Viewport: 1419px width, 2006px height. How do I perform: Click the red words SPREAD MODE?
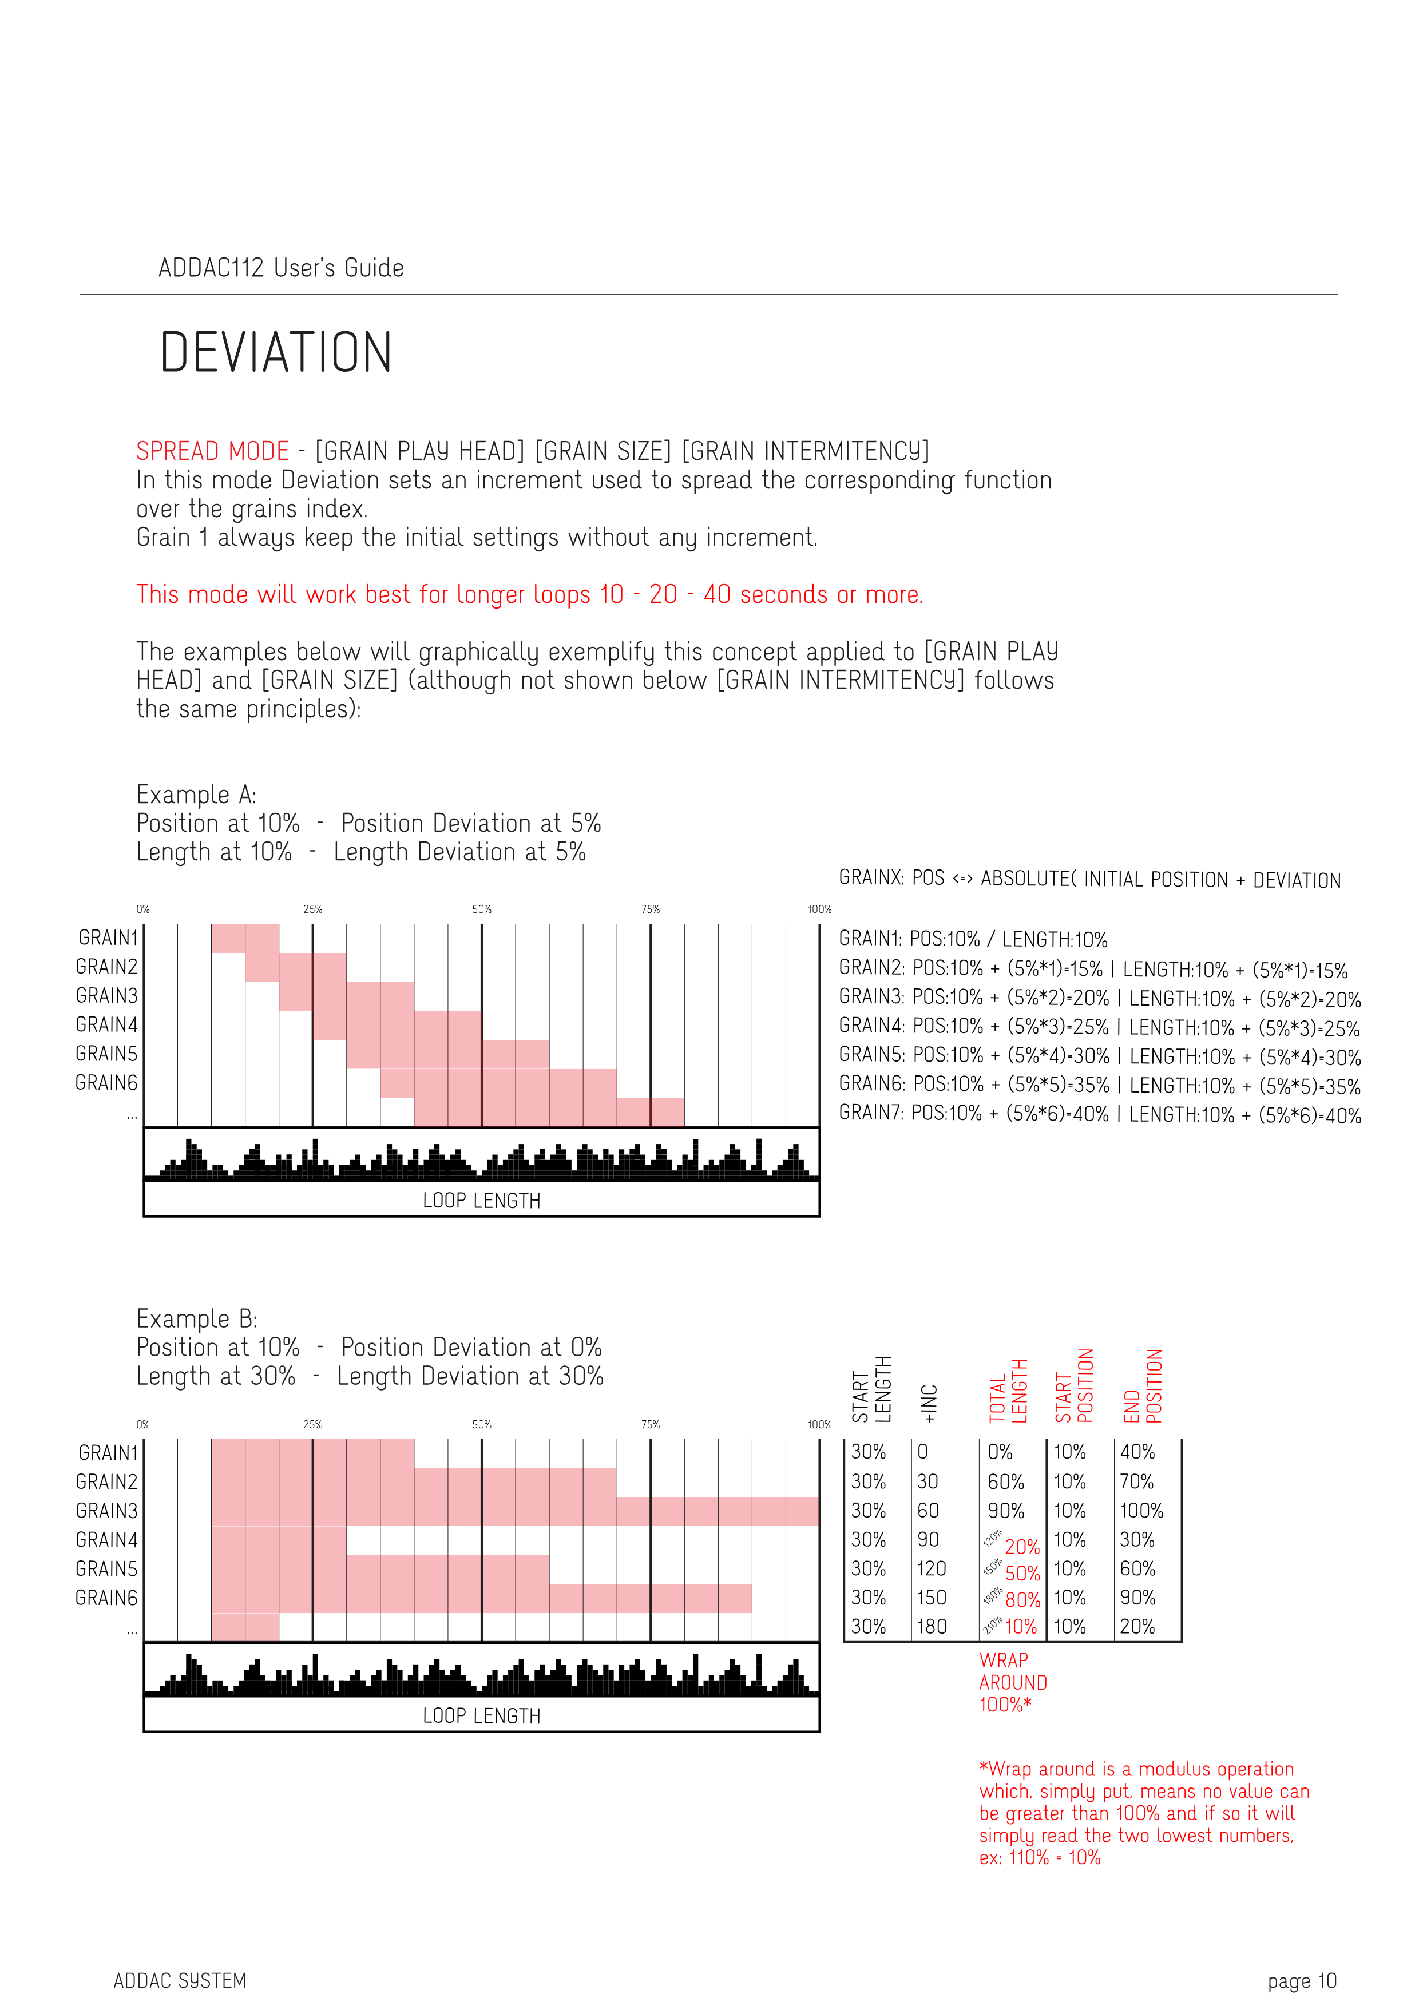212,452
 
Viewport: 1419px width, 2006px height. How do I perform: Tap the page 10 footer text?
1301,1981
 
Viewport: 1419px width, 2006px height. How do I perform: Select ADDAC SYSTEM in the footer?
180,1981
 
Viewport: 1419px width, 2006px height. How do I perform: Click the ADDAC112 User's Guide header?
280,268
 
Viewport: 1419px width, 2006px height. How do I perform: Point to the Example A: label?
196,795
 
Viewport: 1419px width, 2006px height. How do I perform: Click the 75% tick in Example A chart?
650,909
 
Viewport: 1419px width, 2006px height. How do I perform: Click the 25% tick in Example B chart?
313,1425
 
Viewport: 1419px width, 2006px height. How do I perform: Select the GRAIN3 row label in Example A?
106,996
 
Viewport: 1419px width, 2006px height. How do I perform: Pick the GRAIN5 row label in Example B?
106,1569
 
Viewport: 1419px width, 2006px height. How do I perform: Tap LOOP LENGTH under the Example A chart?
481,1201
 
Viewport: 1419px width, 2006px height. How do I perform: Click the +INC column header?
930,1403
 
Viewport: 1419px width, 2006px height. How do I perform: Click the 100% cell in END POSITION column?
1141,1511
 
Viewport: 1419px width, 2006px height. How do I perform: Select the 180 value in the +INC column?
932,1627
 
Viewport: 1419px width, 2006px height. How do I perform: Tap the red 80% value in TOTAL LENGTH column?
1022,1600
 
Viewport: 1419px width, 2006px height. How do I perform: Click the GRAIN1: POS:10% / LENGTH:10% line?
973,939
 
